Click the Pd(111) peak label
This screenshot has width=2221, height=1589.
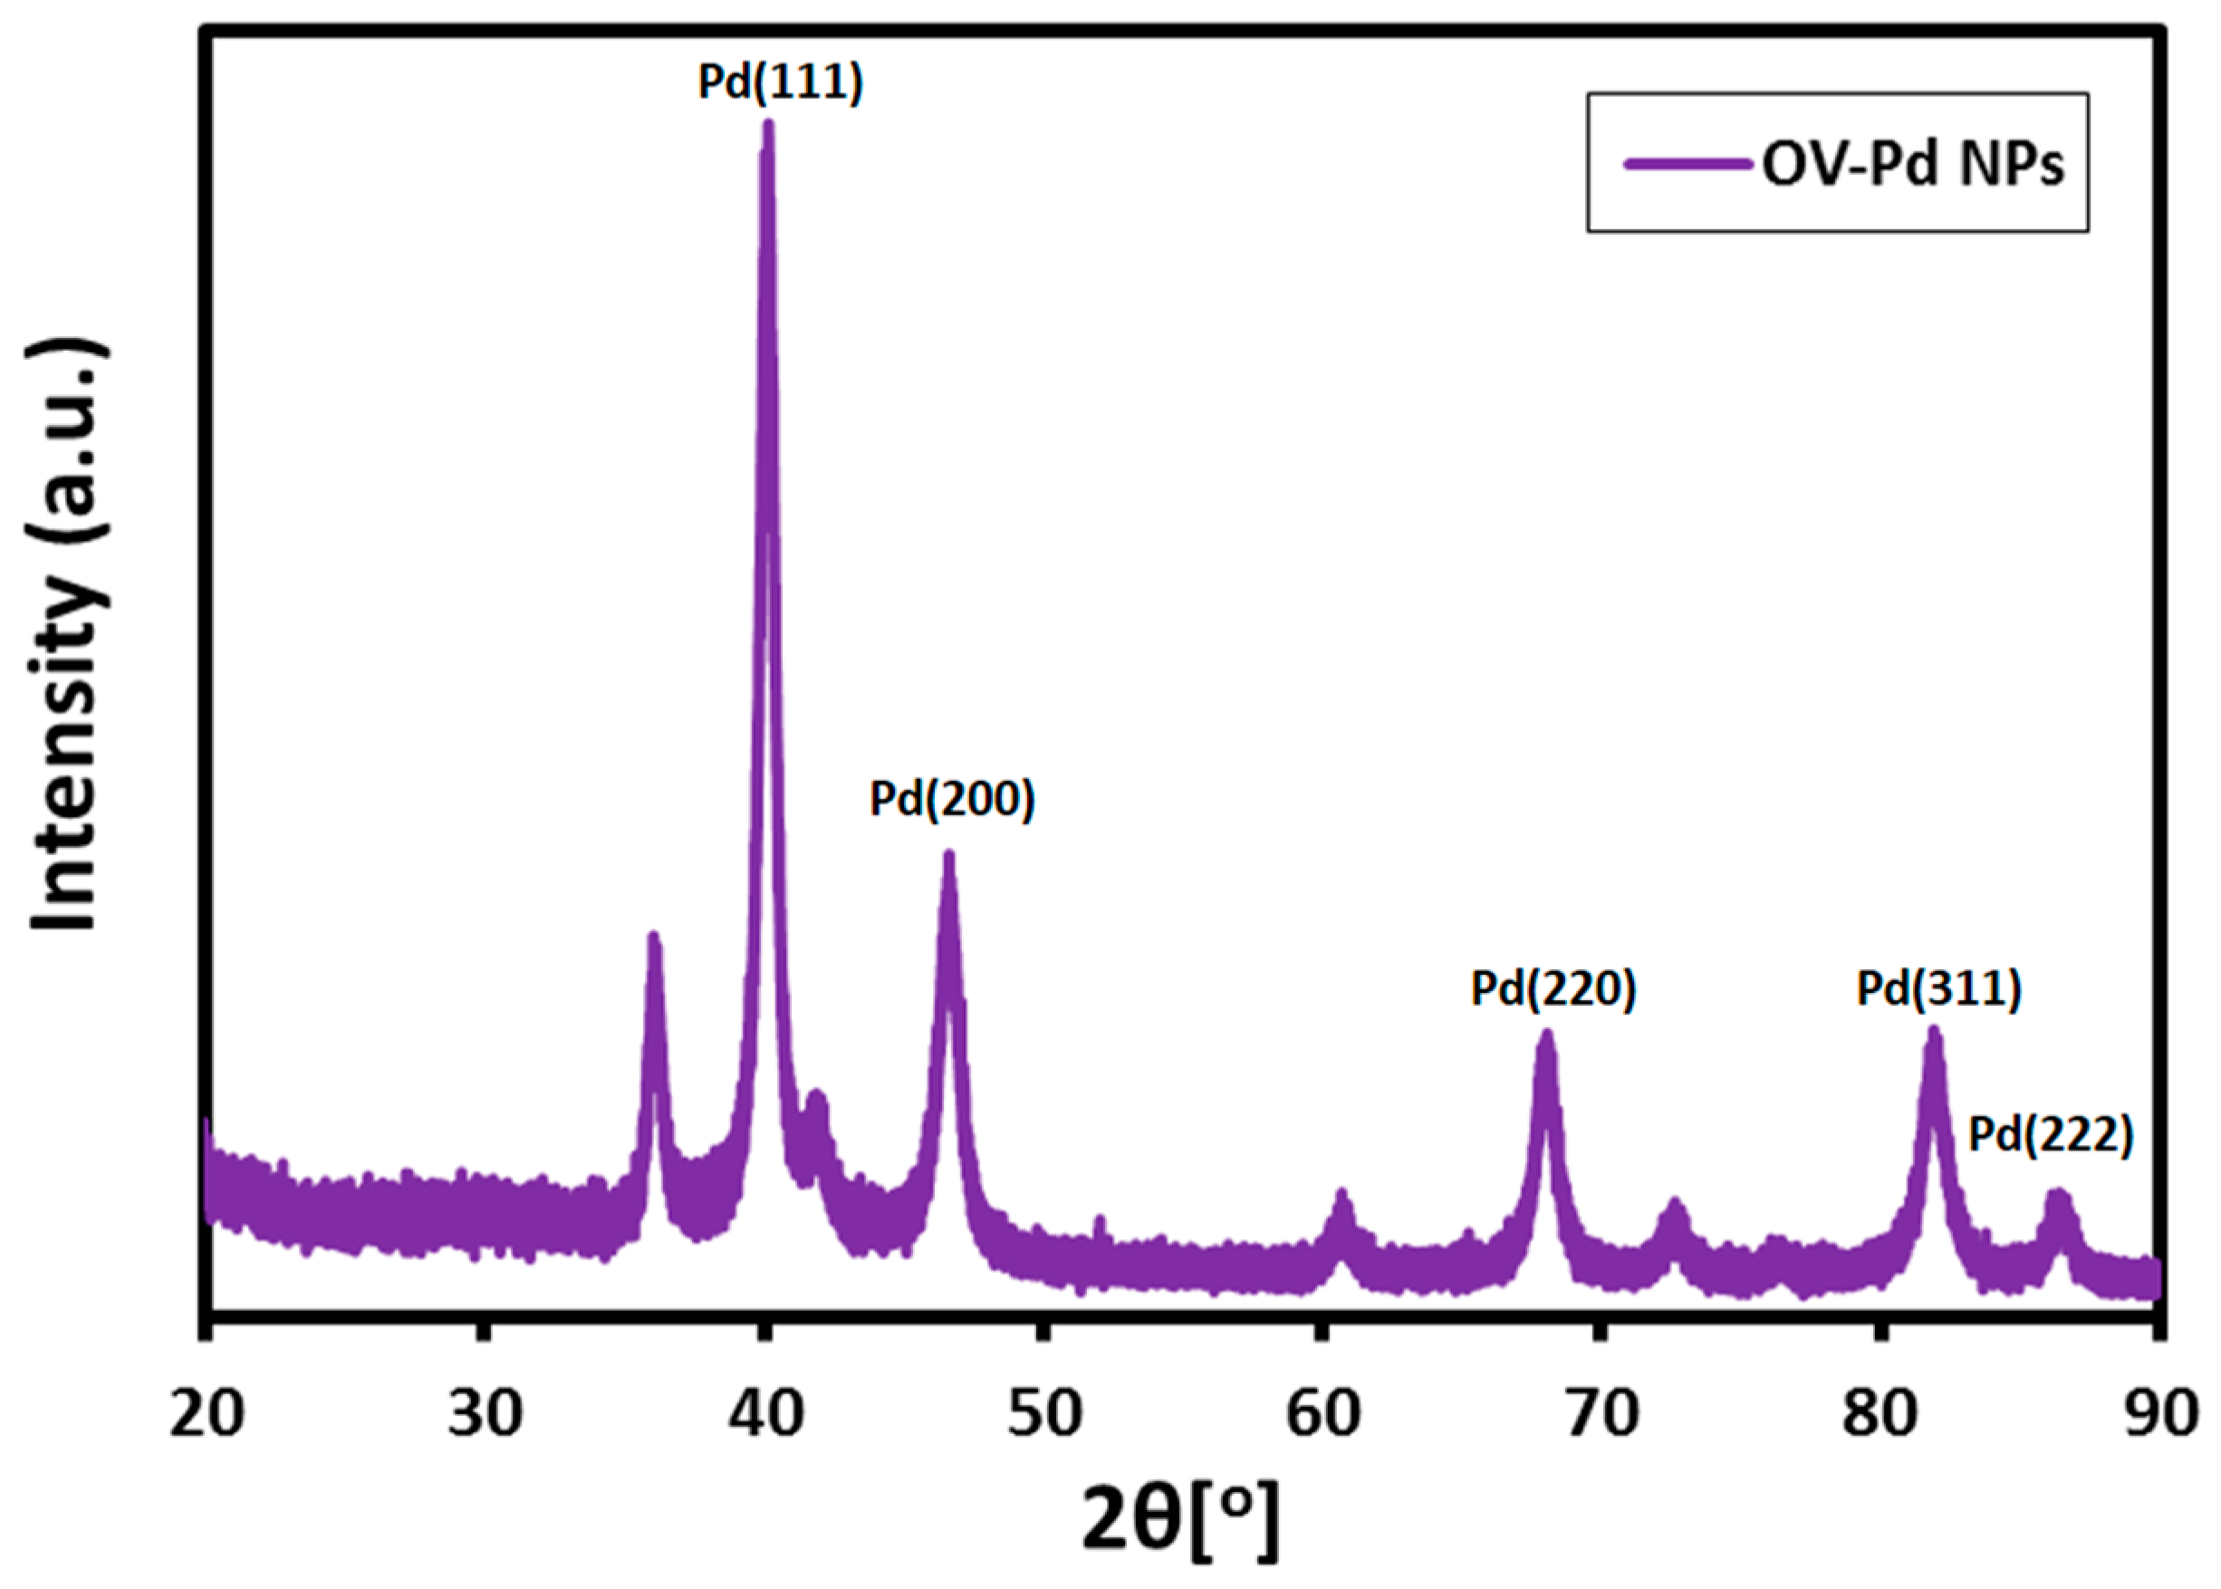pyautogui.click(x=780, y=82)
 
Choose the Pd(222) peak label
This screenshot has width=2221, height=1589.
pyautogui.click(x=2050, y=1135)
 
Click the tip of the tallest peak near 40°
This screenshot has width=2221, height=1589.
pyautogui.click(x=768, y=125)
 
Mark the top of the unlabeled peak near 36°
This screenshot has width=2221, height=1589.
pyautogui.click(x=654, y=938)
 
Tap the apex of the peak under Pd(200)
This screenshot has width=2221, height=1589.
pyautogui.click(x=947, y=855)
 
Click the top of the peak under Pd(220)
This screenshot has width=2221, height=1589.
pyautogui.click(x=1546, y=1035)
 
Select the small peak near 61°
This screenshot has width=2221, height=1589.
pyautogui.click(x=1341, y=1196)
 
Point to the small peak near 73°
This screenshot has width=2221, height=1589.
pyautogui.click(x=1674, y=1203)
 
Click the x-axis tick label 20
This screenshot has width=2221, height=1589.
pyautogui.click(x=207, y=1413)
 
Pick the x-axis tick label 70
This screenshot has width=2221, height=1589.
pyautogui.click(x=1601, y=1413)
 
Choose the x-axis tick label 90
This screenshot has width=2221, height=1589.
pyautogui.click(x=2159, y=1413)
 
